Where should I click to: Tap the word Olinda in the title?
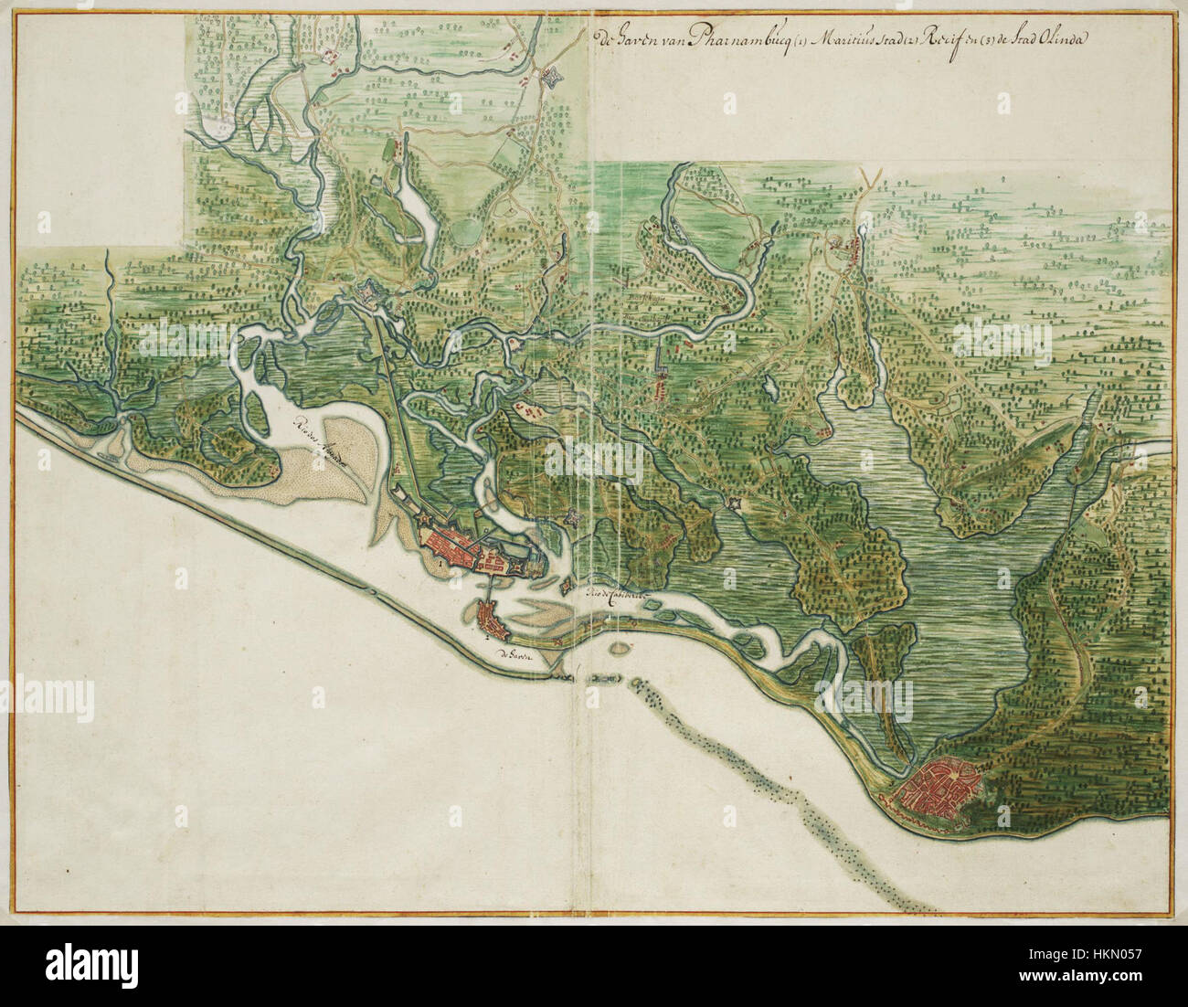[1034, 39]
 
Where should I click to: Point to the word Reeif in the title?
[916, 39]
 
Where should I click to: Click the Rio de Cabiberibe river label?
[618, 595]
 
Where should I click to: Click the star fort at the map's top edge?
[551, 79]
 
